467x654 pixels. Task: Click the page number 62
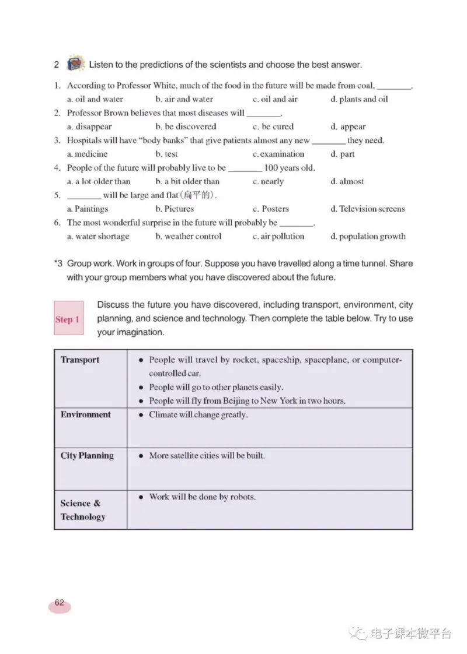60,603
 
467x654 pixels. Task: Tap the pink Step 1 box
68,318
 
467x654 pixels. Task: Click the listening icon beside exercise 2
75,64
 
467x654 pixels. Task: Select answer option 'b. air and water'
184,99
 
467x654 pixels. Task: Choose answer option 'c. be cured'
273,126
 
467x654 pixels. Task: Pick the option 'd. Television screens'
367,209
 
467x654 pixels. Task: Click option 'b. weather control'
189,236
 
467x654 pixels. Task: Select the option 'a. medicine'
87,154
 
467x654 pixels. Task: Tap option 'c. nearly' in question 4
268,181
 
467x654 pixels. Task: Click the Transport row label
80,360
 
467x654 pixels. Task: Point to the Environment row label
85,414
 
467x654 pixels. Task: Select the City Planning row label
87,455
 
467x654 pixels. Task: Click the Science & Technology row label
83,509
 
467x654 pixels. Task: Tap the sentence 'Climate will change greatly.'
198,414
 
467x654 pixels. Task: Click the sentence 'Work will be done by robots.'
202,497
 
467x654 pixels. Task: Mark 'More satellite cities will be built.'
207,455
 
